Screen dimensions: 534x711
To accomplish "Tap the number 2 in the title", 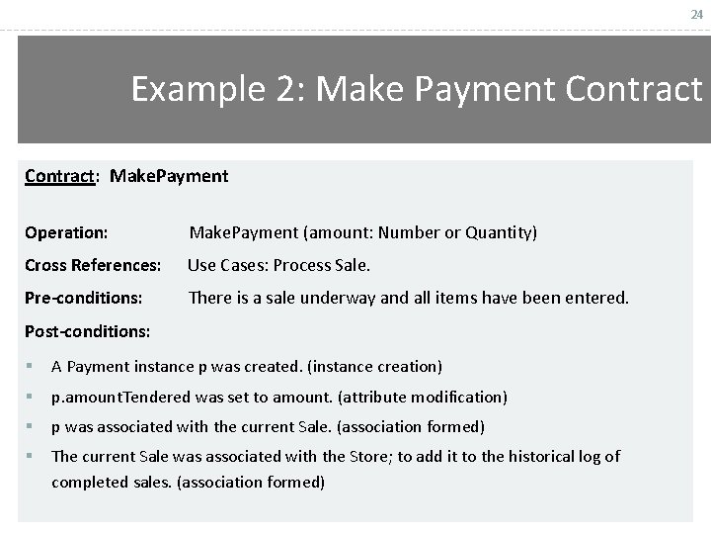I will coord(295,90).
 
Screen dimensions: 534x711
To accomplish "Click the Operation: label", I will coord(65,233).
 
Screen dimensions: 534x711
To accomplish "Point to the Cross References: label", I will coord(93,265).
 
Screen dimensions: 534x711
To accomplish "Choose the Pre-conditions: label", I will coord(83,297).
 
